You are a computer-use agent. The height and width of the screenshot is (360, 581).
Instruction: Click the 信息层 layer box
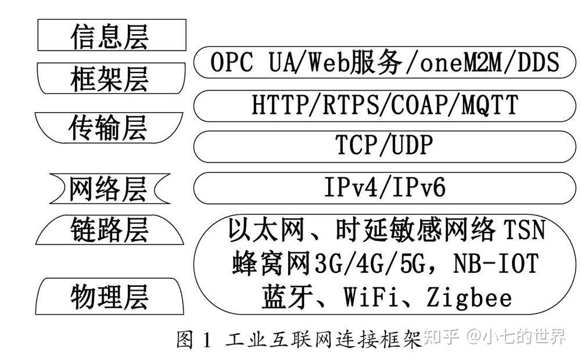(112, 35)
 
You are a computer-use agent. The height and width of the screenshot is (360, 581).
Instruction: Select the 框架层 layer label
(110, 78)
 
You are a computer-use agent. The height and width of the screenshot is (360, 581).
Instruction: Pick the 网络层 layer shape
(109, 189)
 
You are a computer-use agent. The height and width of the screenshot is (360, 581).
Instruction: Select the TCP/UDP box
(383, 146)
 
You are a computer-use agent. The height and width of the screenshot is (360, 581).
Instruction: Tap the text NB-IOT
(489, 264)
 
